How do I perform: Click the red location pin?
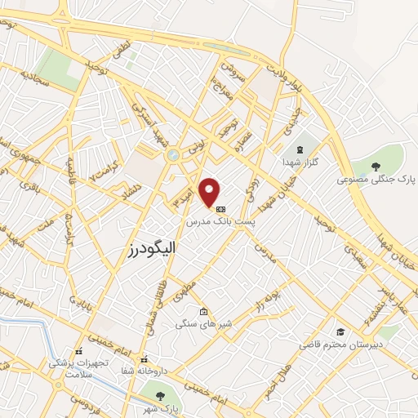(x=210, y=193)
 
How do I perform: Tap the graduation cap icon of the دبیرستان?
(x=340, y=332)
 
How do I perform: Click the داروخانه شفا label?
(x=144, y=371)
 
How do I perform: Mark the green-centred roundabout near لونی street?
(x=172, y=154)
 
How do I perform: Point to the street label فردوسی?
(x=84, y=403)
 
